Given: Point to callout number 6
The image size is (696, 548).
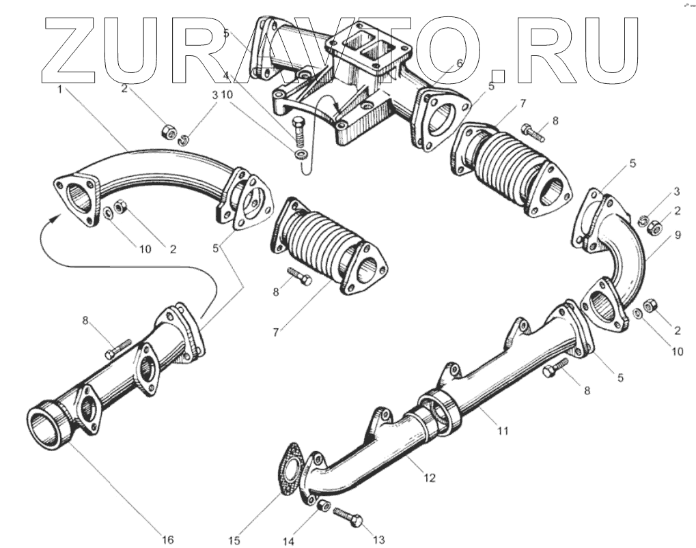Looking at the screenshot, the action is (459, 62).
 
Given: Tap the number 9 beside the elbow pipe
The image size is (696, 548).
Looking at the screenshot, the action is (678, 235).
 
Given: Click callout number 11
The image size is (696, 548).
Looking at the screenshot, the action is (503, 431).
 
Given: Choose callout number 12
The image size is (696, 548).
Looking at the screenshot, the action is (429, 478).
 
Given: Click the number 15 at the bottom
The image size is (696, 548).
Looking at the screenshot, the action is (234, 540).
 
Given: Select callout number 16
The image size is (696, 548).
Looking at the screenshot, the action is (167, 539).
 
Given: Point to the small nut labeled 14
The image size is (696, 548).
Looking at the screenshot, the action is (323, 507).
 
